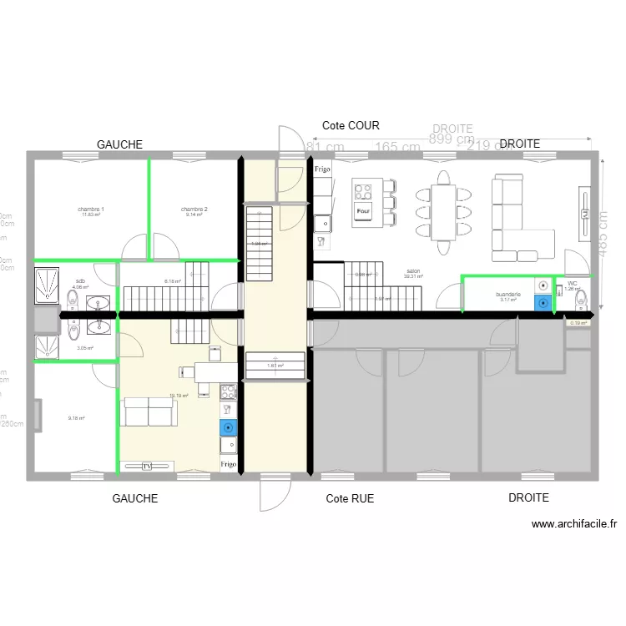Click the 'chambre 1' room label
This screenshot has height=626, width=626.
[x=91, y=209]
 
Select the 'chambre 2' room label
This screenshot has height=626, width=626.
[x=194, y=209]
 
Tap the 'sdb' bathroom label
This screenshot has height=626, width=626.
[x=80, y=281]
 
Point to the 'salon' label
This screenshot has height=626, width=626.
[x=413, y=271]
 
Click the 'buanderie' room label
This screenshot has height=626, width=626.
[x=508, y=295]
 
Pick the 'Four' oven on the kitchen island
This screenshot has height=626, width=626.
[x=363, y=210]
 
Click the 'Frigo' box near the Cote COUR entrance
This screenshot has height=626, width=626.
[x=322, y=170]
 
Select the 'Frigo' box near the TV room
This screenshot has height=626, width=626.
[x=229, y=463]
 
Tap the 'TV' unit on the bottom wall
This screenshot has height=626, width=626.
[x=148, y=466]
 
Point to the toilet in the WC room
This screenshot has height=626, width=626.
[x=582, y=296]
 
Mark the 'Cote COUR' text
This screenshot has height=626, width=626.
[x=351, y=126]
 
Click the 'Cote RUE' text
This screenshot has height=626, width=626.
[x=350, y=498]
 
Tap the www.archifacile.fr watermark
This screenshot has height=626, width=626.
[x=574, y=524]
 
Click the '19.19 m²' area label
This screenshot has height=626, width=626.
[x=179, y=396]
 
